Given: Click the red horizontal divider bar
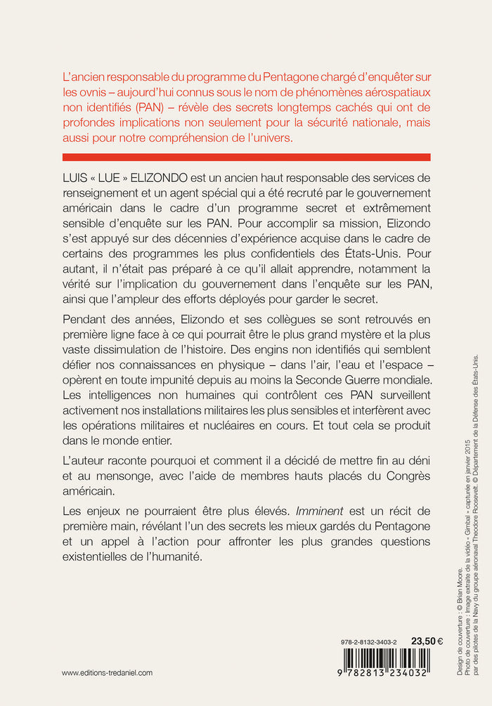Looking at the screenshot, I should pyautogui.click(x=246, y=157).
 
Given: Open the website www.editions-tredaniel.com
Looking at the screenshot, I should pyautogui.click(x=107, y=672).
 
